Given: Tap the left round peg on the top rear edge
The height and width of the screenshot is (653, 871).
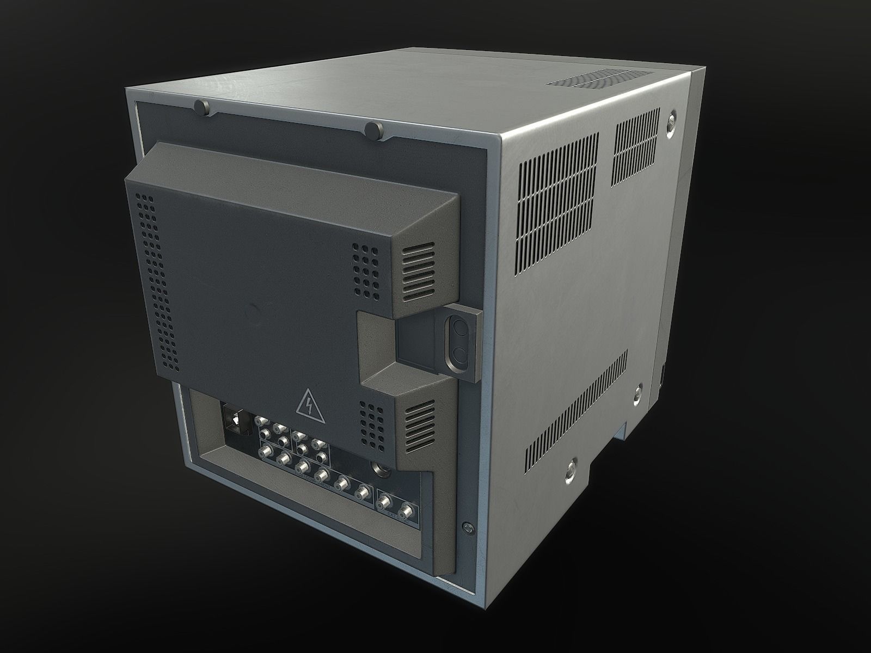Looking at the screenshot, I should coord(203,107).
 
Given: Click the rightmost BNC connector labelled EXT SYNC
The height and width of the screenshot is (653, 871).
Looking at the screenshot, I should coord(406,510).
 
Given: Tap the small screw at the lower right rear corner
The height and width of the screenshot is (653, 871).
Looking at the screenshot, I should coord(467,527).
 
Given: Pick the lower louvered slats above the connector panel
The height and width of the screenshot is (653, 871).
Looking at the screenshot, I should coord(420,423).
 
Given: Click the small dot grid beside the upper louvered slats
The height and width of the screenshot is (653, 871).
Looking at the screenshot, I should coord(366,270).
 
